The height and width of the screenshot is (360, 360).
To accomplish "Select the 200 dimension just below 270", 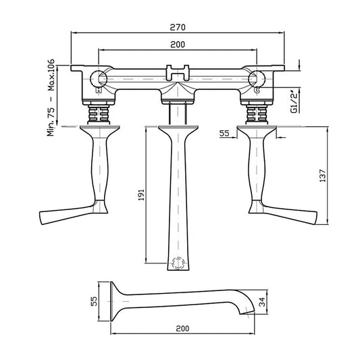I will pos(178,44).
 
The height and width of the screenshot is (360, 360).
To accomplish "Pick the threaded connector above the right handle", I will pos(257,112).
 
